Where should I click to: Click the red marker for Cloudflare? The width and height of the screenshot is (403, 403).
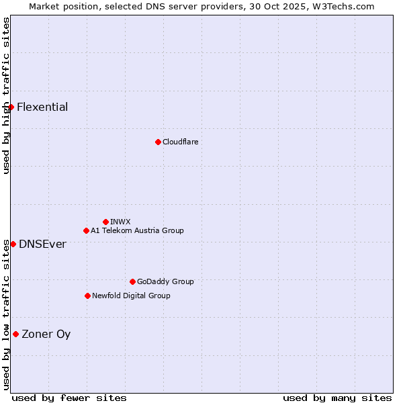coord(158,142)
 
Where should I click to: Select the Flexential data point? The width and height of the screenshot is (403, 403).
coord(11,107)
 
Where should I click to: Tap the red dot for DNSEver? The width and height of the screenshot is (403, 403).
coord(13,244)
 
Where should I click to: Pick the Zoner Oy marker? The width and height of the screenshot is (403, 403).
coord(15,334)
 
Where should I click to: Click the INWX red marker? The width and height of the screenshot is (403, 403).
coord(105,222)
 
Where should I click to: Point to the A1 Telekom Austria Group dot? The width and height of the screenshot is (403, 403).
coord(86,230)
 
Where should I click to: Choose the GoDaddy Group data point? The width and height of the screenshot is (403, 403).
coord(132,281)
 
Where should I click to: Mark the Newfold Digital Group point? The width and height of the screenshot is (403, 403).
coord(87,296)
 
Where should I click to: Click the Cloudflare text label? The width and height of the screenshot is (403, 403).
coord(180,142)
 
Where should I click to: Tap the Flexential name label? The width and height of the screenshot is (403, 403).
coord(42,107)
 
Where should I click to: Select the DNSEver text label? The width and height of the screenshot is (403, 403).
coord(42,244)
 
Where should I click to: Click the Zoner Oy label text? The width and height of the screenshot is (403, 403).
coord(46,334)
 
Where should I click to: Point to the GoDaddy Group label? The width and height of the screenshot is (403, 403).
coord(165,281)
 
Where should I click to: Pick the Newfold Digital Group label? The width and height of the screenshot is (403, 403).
coord(131,296)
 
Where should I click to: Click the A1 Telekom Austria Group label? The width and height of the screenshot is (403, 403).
coord(137,230)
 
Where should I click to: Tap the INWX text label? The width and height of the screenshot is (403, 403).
coord(120,222)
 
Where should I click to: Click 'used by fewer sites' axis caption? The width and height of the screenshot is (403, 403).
coord(69,398)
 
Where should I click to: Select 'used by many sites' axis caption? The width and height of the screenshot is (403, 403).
coord(337,398)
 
